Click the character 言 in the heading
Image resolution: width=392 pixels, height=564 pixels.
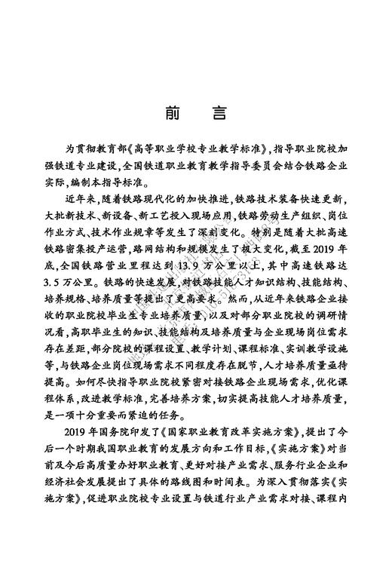219,113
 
